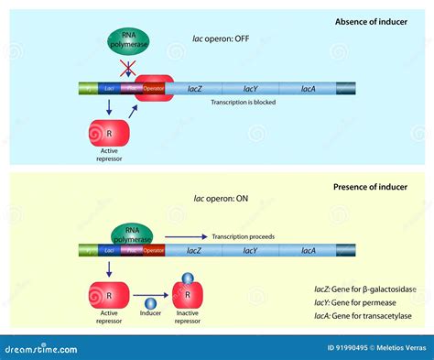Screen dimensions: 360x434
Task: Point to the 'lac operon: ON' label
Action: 217,198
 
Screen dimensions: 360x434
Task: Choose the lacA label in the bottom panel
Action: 309,249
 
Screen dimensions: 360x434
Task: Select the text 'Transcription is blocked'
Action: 242,103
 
